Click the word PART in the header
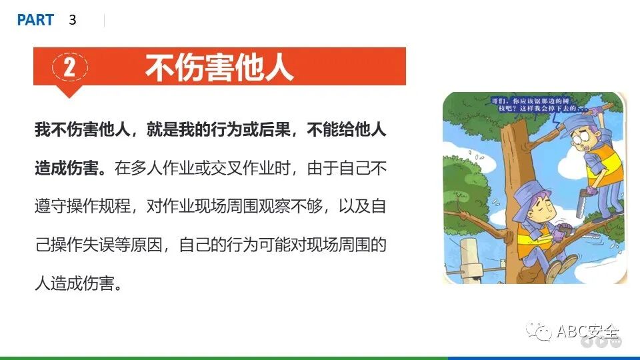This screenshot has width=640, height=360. pyautogui.click(x=35, y=20)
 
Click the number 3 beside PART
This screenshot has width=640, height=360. pyautogui.click(x=73, y=20)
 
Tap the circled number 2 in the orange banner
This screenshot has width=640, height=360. pyautogui.click(x=69, y=67)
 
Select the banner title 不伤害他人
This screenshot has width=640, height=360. pyautogui.click(x=219, y=67)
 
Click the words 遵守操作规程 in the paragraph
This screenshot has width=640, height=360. pyautogui.click(x=79, y=207)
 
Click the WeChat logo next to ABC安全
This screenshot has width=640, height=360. pyautogui.click(x=538, y=331)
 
